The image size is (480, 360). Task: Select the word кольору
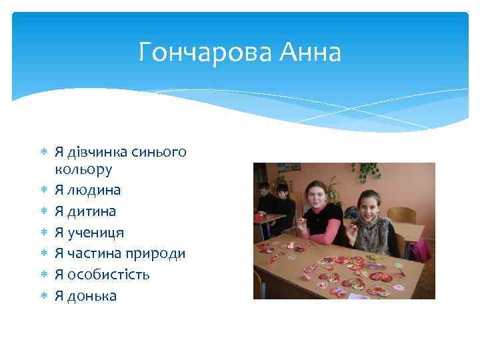point(83,169)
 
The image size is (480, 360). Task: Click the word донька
point(91,296)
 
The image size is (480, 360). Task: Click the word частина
point(98,253)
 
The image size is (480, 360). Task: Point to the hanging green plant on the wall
point(365,171)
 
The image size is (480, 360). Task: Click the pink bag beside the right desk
point(419,251)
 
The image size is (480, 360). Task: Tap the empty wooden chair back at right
point(402,215)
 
